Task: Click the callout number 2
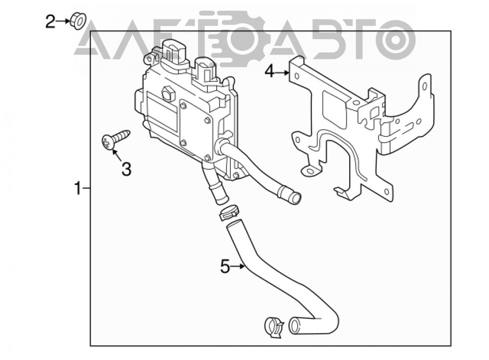coord(50,22)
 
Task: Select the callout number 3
coord(126,169)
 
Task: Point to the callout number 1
coord(78,189)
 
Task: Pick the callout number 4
coord(269,72)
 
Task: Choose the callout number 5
coord(225,267)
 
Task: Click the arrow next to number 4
coord(282,73)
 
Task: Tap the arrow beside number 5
coord(238,267)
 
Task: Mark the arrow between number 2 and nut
coord(63,21)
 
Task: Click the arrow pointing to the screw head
coord(117,156)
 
